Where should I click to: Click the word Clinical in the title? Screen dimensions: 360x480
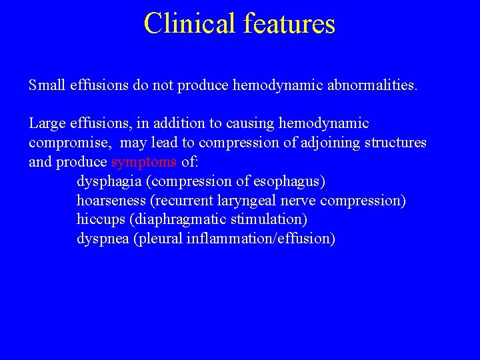pos(189,23)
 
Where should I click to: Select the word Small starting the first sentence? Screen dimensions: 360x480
pos(46,85)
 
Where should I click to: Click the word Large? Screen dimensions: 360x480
pos(47,124)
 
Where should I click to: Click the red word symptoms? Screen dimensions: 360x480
pos(144,163)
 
